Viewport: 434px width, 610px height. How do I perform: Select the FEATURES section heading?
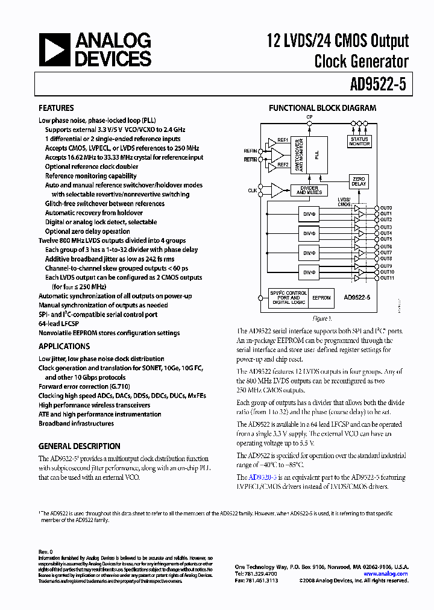pos(56,108)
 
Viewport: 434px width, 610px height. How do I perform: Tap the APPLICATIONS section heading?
pos(64,346)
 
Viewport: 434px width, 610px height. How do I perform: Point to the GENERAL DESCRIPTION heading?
pos(79,447)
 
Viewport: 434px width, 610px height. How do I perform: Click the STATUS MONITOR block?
pos(359,142)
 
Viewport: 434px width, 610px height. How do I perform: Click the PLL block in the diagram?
pos(316,154)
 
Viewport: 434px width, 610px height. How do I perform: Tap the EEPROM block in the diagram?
pos(322,298)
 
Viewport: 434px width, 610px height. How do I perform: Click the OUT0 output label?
pos(386,208)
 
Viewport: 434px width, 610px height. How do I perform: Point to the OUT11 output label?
pos(387,278)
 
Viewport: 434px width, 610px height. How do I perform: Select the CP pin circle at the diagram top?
pos(309,122)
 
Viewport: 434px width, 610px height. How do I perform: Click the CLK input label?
pos(252,190)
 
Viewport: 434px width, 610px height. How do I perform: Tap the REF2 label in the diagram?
pos(282,164)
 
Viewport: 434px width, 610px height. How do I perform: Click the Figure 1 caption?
pos(322,318)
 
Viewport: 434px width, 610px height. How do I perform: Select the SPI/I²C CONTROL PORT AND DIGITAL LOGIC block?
pos(289,298)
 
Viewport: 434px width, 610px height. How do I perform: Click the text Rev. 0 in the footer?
pos(46,552)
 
